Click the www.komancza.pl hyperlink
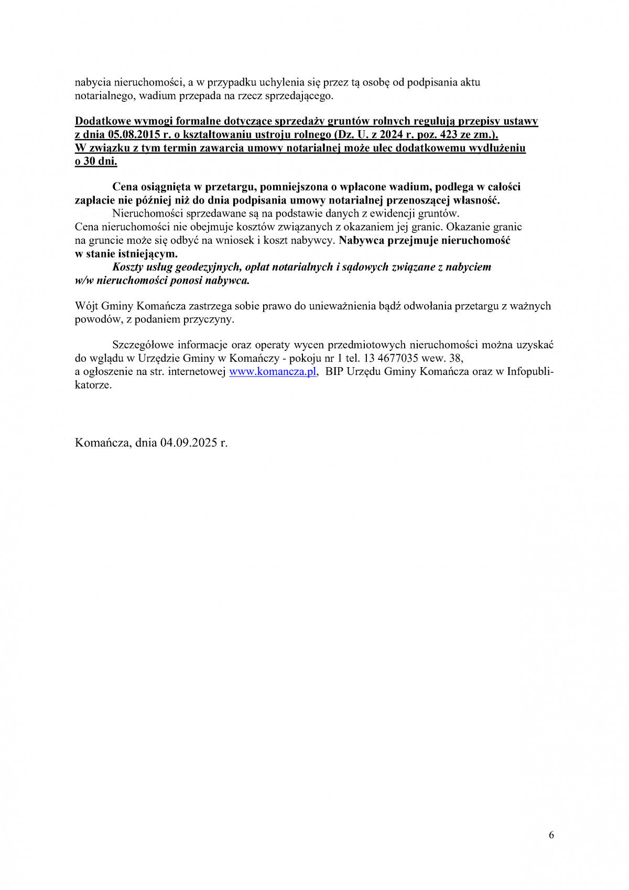(273, 372)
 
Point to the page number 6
(551, 835)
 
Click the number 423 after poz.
(451, 135)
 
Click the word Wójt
(86, 306)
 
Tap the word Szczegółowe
(143, 345)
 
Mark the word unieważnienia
(342, 306)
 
